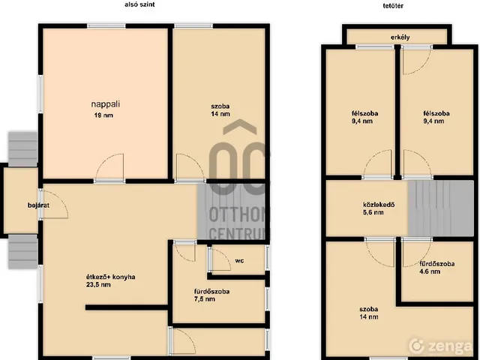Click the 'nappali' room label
(105, 104)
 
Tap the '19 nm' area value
(103, 115)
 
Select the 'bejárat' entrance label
(38, 205)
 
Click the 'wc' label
(239, 261)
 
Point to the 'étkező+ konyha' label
(111, 277)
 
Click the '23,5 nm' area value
(98, 285)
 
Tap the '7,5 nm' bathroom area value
(205, 299)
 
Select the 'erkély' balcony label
(400, 37)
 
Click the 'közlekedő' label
(379, 205)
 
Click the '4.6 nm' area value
(430, 271)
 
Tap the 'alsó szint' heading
(139, 4)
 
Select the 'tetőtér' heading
(393, 5)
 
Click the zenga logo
(440, 346)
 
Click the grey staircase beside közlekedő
(440, 208)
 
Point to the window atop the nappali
(106, 26)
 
